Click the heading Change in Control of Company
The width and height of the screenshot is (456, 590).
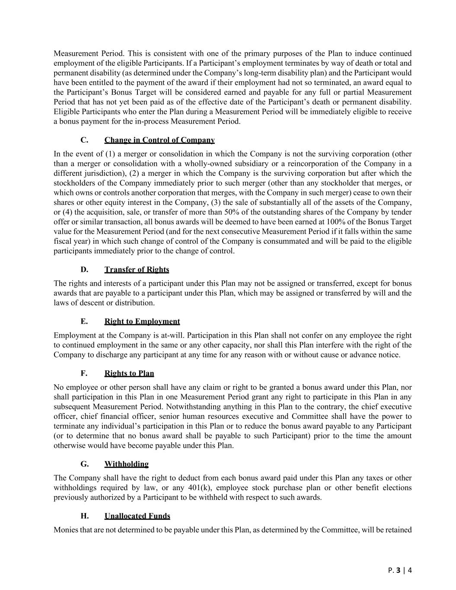pos(159,140)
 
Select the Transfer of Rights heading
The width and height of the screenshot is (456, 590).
pos(137,270)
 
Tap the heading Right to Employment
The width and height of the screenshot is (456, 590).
pos(142,322)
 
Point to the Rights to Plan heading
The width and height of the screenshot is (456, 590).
pos(129,373)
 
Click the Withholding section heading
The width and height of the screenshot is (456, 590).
pos(126,464)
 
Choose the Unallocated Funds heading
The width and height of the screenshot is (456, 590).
pos(137,516)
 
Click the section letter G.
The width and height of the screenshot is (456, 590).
pos(84,464)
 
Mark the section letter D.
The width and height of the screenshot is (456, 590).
pos(84,270)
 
